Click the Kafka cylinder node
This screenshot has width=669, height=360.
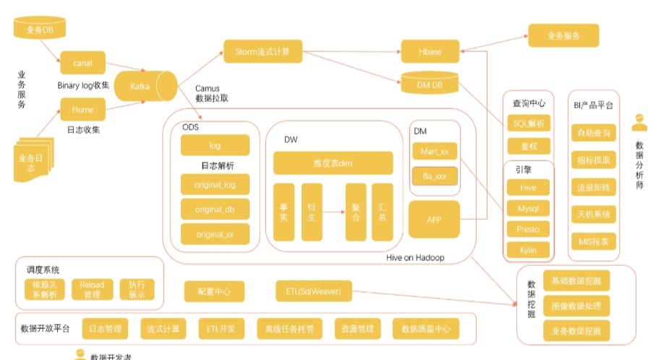(142, 87)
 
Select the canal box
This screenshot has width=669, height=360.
(83, 64)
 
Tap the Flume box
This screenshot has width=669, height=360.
(83, 110)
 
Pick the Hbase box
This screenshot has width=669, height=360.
(430, 52)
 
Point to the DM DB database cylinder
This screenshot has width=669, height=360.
(430, 86)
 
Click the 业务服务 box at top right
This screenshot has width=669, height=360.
(563, 35)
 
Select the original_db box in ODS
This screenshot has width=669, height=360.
(215, 209)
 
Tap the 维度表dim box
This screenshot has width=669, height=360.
(333, 163)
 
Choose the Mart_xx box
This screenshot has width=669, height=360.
(435, 152)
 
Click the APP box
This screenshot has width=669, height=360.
(435, 219)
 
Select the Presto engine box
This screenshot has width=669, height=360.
(528, 229)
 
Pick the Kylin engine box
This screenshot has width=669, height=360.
(528, 250)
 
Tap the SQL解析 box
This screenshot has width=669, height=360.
(528, 124)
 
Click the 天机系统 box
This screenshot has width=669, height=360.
(594, 215)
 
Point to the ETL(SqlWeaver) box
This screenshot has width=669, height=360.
(313, 292)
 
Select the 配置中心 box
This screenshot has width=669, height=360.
(214, 292)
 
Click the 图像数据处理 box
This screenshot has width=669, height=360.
(576, 305)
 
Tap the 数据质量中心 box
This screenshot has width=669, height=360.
(426, 329)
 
